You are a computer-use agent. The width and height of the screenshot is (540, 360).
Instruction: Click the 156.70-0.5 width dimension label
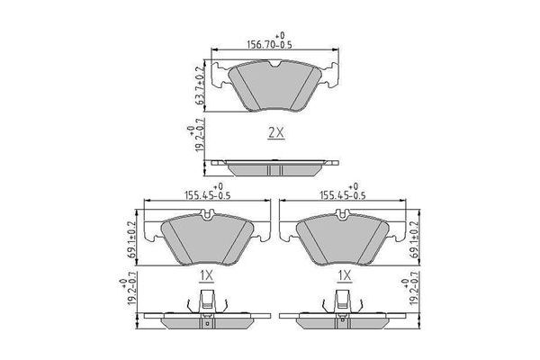[x=270, y=45]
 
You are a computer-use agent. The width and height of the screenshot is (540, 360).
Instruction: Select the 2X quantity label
[x=276, y=132]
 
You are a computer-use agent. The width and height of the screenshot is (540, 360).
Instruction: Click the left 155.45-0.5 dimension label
[x=207, y=195]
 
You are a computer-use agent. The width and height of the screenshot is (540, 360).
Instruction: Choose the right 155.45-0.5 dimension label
[x=343, y=195]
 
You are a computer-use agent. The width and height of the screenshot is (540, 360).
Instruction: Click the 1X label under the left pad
[x=207, y=275]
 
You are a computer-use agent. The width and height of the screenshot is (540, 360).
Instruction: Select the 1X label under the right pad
[x=345, y=275]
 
